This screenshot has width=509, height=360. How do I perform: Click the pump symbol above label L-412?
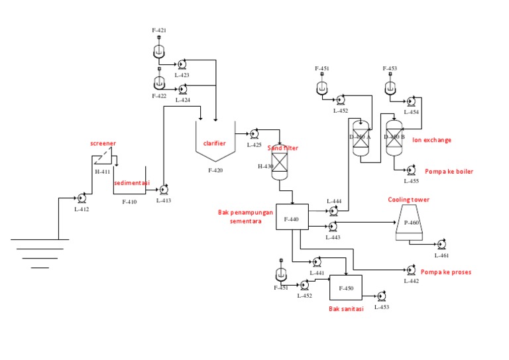[82, 198]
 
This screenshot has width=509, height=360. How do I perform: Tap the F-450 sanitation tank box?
[345, 287]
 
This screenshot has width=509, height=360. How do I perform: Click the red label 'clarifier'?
[215, 143]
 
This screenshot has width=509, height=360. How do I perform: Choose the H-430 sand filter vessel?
[279, 162]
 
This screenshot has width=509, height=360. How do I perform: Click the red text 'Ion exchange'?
[431, 140]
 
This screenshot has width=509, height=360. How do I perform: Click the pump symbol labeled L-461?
[441, 245]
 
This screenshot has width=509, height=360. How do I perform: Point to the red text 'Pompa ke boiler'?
[449, 171]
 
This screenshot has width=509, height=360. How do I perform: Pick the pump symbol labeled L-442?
[411, 270]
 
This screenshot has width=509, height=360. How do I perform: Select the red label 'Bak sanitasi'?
[346, 309]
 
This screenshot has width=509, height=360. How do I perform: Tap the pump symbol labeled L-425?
[254, 134]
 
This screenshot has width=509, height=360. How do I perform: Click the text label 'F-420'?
[215, 170]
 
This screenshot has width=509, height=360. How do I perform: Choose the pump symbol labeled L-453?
[381, 297]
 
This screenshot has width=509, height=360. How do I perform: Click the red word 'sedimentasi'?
[132, 182]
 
